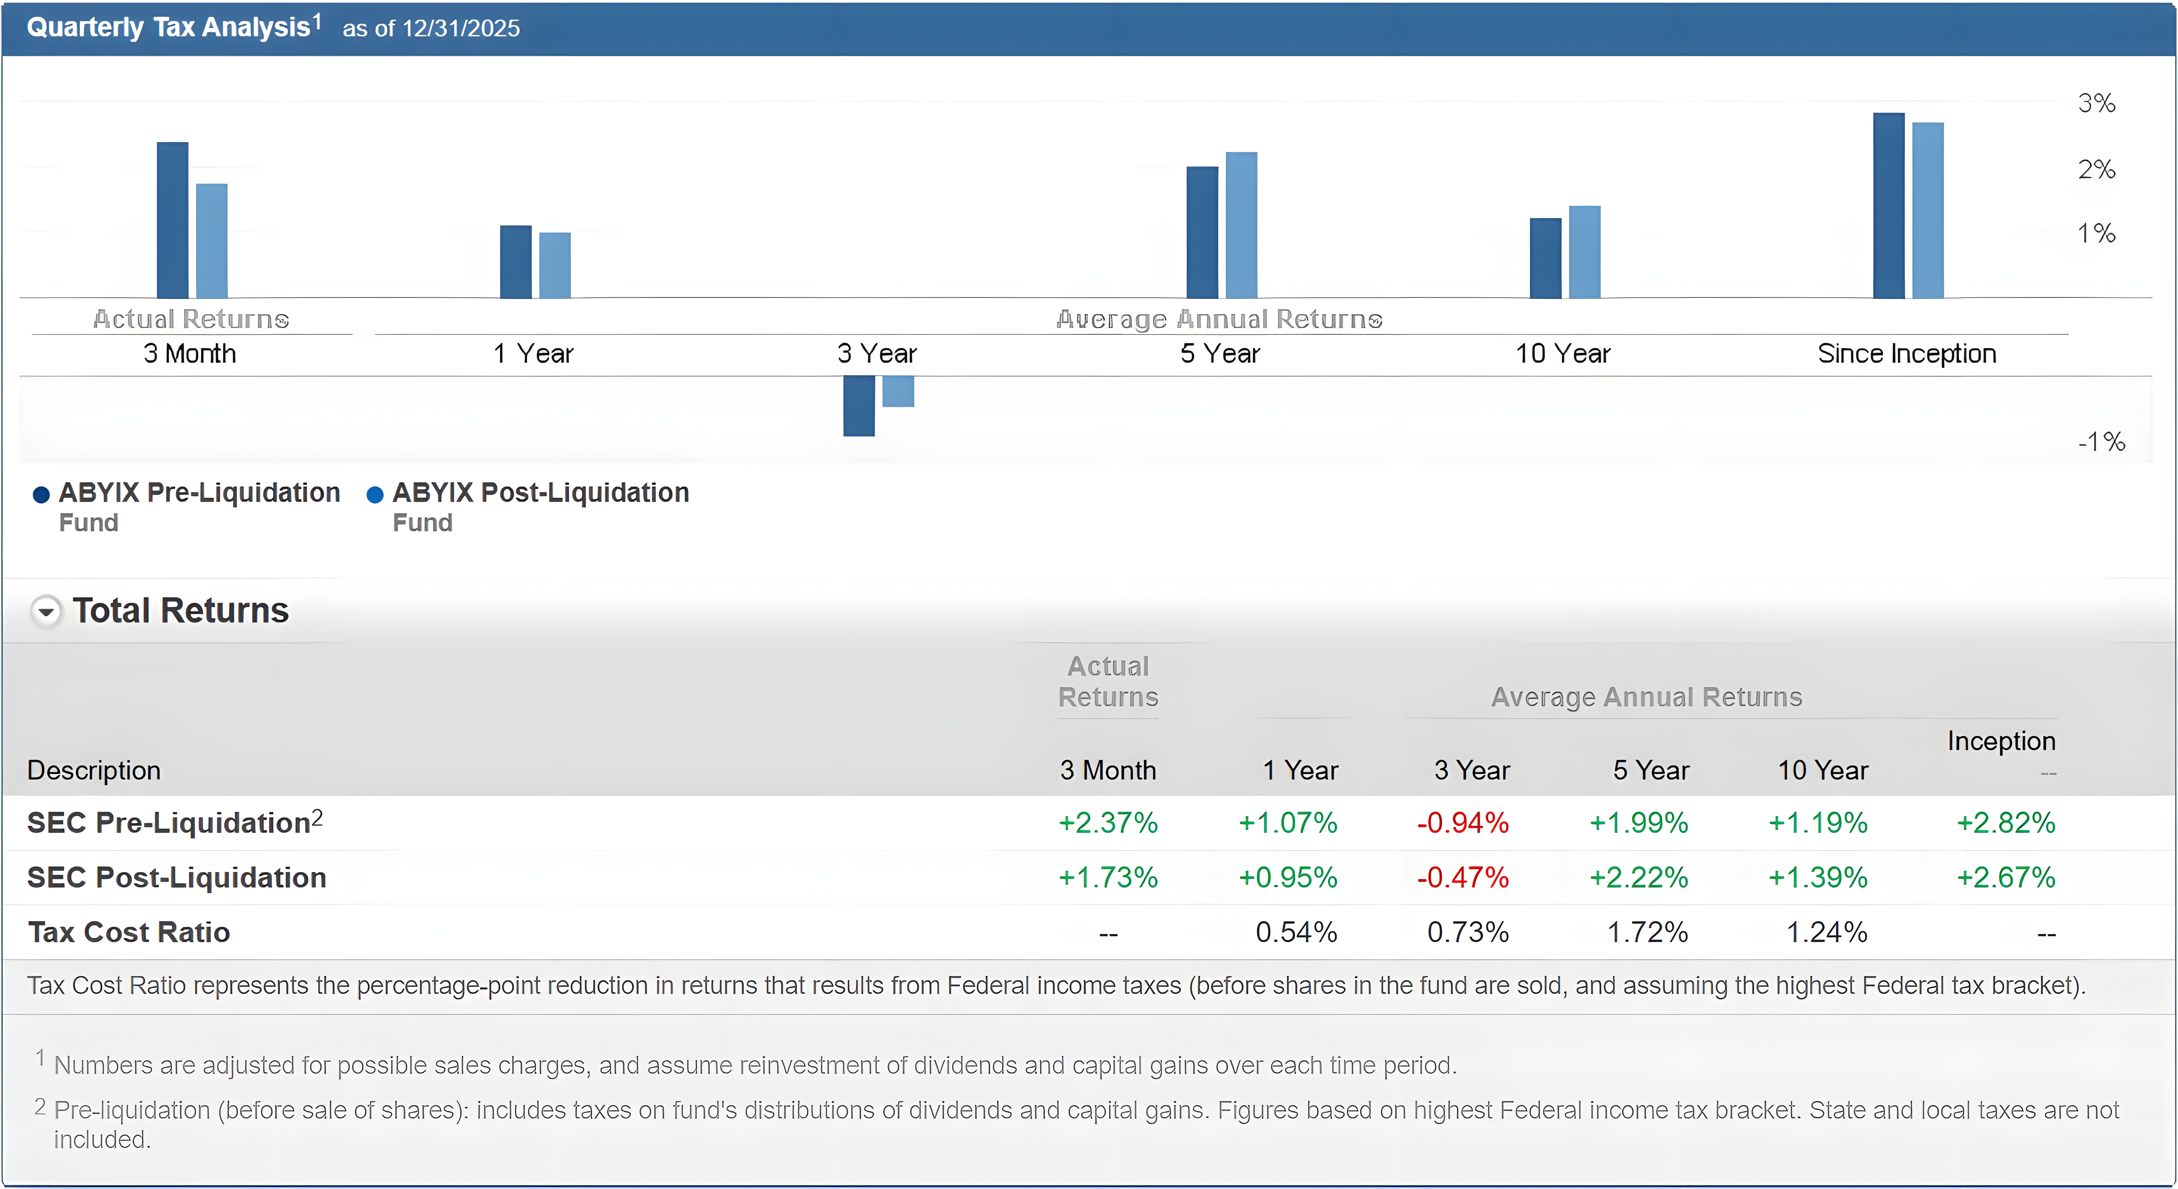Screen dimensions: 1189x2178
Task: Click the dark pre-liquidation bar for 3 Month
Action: point(172,220)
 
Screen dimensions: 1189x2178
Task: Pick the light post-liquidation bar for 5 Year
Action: point(1241,225)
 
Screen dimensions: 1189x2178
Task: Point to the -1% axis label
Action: point(2101,441)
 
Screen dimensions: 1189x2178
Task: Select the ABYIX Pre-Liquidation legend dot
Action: point(41,495)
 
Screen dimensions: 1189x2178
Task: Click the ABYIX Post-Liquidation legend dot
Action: point(375,495)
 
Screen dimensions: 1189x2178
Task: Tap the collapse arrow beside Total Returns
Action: point(47,611)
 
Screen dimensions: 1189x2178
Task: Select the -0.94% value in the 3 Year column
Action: point(1463,823)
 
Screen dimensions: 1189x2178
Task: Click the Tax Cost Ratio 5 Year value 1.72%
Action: point(1647,932)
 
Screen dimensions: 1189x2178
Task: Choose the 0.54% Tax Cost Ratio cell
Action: point(1296,932)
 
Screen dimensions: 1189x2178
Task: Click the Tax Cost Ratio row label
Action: point(129,932)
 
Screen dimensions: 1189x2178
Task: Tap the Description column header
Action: point(94,770)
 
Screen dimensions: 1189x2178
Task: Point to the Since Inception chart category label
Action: point(1906,353)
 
